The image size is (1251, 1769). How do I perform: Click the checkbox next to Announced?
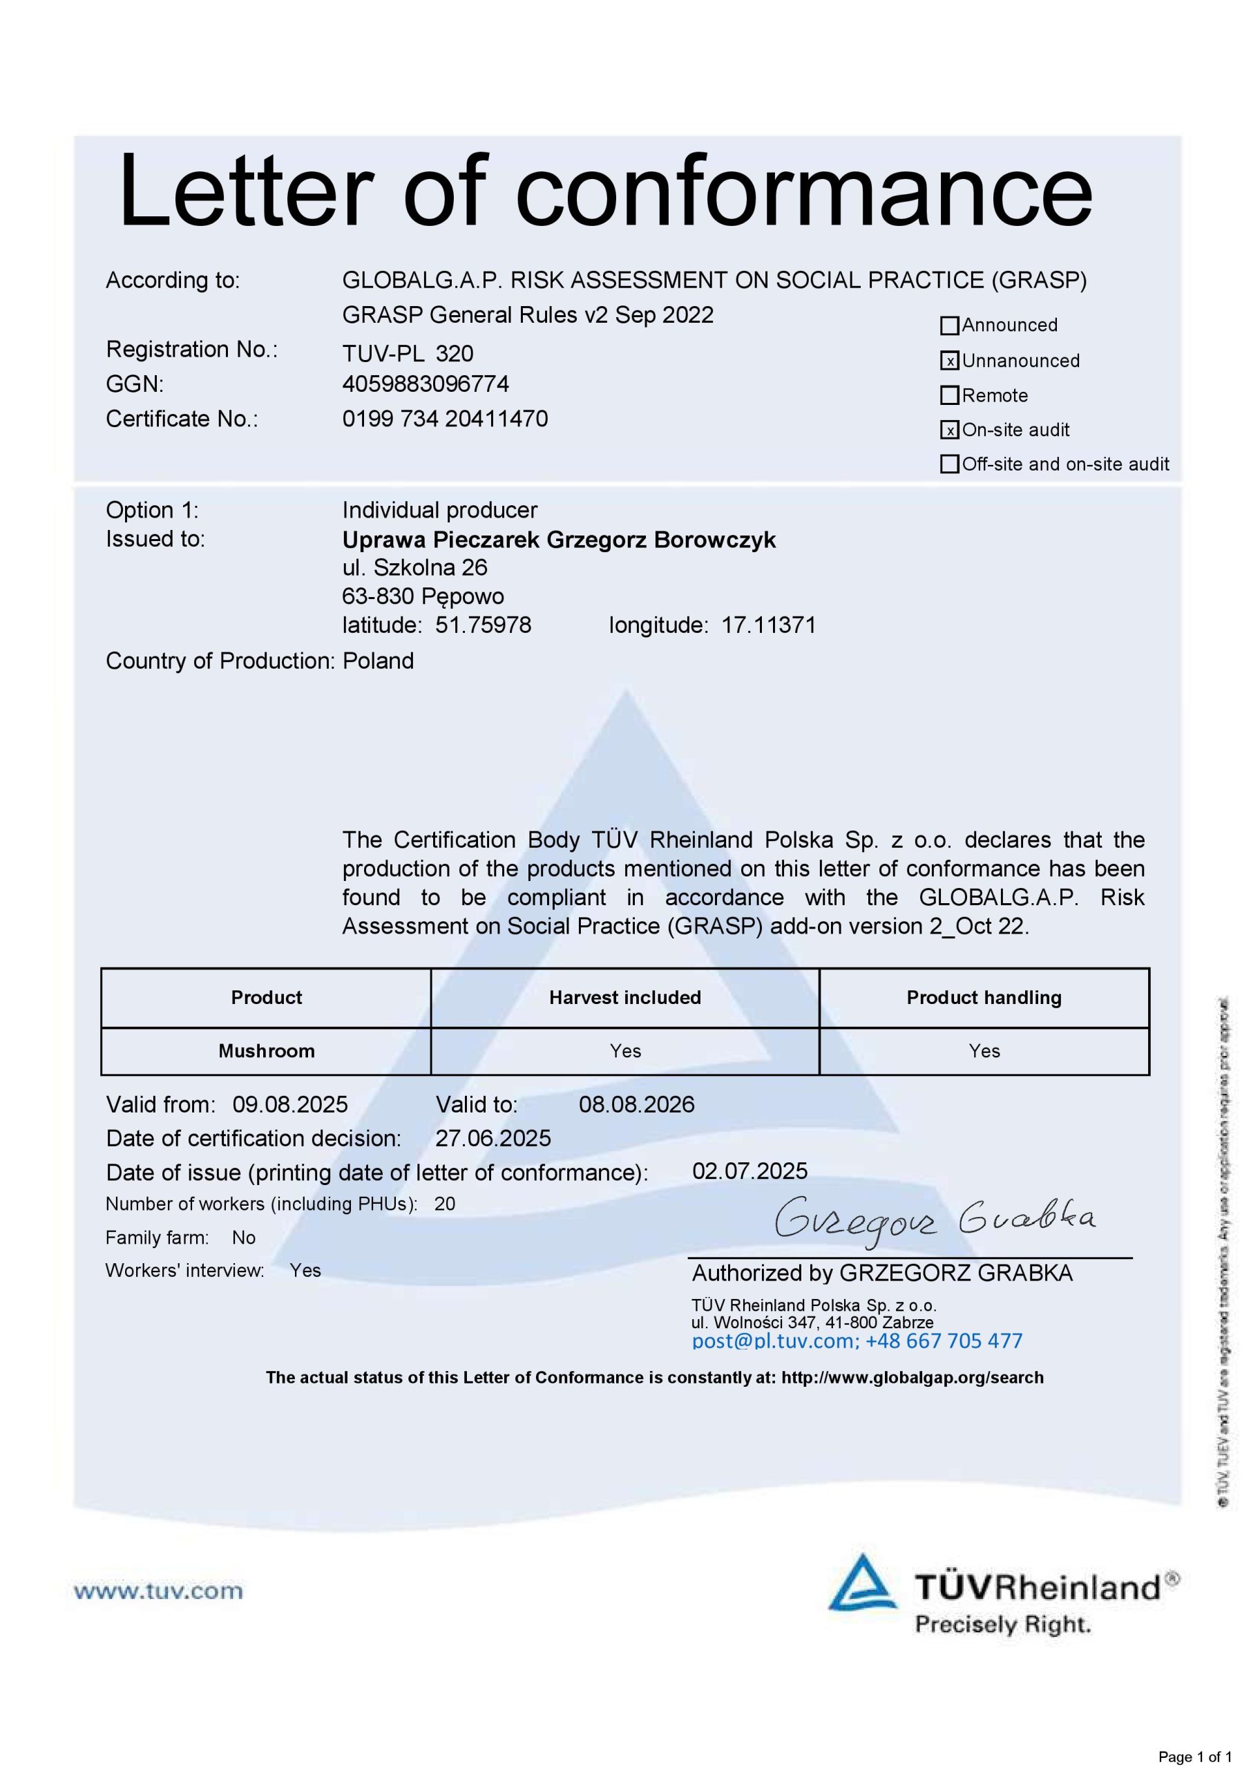949,326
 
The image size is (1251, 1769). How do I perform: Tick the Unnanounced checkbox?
949,361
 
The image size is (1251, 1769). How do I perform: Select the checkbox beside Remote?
949,395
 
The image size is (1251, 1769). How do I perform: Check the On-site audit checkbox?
949,430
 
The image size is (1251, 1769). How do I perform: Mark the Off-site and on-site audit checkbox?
949,464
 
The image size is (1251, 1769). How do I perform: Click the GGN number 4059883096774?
426,384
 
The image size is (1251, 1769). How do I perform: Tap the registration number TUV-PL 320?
408,354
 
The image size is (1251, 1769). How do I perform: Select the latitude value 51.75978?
483,625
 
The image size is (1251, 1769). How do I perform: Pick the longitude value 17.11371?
768,625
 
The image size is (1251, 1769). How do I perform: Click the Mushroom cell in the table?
267,1051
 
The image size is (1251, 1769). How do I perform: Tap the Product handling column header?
984,998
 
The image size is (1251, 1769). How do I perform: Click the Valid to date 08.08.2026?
636,1104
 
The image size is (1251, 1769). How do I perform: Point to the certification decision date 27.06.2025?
493,1138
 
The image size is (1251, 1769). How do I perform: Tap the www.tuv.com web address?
158,1591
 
